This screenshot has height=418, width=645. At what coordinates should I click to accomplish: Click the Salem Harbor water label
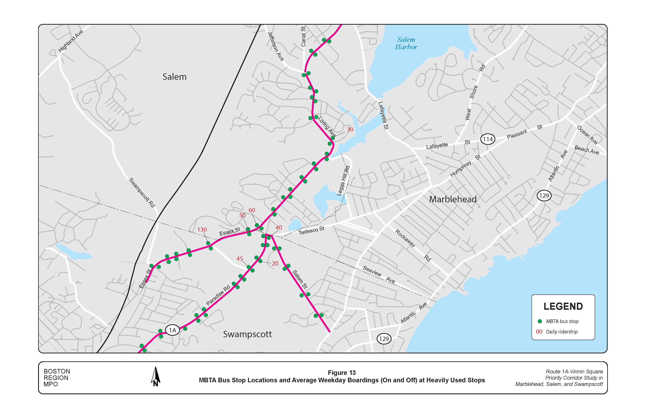(x=406, y=43)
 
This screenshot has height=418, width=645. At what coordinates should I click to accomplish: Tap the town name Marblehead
(x=453, y=199)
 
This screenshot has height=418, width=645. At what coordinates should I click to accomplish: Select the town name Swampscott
(x=247, y=334)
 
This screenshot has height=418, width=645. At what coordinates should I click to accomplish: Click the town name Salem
(x=174, y=77)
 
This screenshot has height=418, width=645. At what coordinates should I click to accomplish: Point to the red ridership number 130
(x=202, y=230)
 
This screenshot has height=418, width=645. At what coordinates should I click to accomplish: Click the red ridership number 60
(x=252, y=210)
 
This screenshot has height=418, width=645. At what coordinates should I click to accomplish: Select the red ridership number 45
(x=240, y=259)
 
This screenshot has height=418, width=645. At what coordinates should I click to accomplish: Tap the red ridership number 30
(x=350, y=129)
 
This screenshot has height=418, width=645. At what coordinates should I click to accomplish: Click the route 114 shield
(x=488, y=139)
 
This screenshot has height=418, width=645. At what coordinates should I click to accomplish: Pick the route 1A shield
(x=172, y=330)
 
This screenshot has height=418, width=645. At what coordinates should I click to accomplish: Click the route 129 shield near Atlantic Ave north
(x=544, y=196)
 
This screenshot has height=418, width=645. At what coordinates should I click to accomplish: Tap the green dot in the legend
(x=539, y=321)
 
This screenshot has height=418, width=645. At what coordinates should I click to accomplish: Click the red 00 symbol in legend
(x=539, y=332)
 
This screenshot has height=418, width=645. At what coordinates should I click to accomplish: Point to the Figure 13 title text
(x=341, y=373)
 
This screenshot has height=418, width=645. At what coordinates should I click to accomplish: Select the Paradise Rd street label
(x=218, y=295)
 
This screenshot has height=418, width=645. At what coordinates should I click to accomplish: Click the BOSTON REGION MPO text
(x=57, y=378)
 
